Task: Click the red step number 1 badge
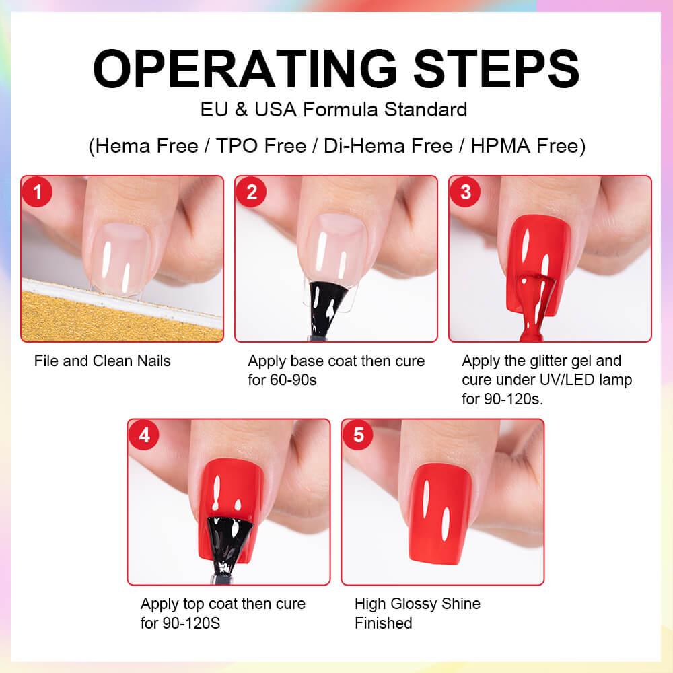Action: [x=37, y=192]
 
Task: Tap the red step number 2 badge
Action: [x=251, y=192]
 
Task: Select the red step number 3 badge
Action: [x=465, y=192]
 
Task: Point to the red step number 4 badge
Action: [x=144, y=435]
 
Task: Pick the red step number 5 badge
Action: [x=358, y=435]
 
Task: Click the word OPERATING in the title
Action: [x=245, y=69]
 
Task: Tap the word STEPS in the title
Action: [x=496, y=69]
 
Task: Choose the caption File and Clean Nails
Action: [x=102, y=361]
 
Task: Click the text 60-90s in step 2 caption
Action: [x=293, y=380]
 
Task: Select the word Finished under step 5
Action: [x=384, y=623]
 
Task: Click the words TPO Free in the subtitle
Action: [x=261, y=146]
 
